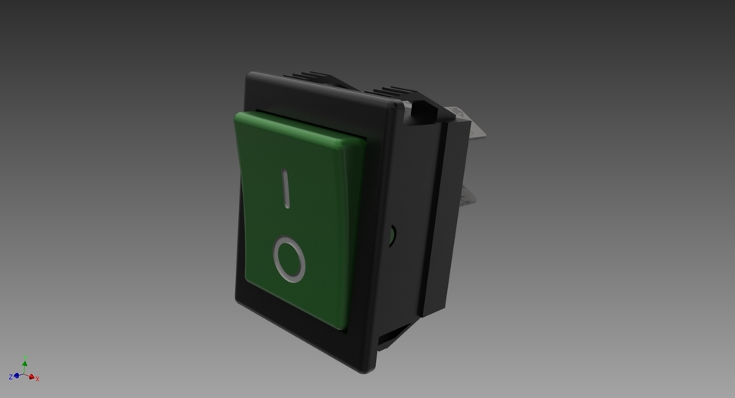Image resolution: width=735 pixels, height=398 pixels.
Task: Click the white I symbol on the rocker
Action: click(286, 189)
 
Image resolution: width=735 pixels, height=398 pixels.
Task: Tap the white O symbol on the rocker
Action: click(289, 259)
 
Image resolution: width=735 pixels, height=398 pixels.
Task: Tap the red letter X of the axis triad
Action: click(38, 379)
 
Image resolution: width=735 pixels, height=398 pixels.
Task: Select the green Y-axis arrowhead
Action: click(24, 364)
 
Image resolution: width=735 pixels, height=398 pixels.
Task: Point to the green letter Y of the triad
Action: click(25, 358)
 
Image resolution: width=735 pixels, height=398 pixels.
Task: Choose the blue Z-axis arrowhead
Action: click(16, 376)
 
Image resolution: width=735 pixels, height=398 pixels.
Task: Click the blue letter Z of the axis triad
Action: click(11, 377)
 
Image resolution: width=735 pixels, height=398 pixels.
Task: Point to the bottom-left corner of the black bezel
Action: click(238, 300)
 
